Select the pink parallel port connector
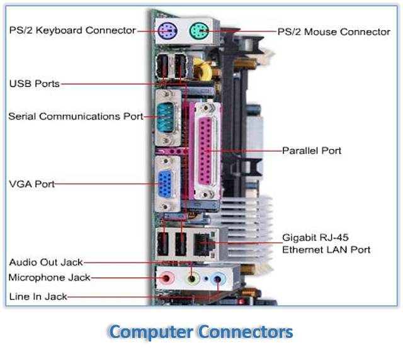[207, 152]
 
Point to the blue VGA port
[167, 184]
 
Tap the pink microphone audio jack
[167, 278]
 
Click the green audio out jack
[193, 278]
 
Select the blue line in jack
[218, 278]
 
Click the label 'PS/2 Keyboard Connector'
[72, 30]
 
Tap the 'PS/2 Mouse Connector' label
[334, 31]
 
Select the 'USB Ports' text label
[34, 83]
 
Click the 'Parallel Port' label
[311, 151]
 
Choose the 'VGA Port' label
[31, 184]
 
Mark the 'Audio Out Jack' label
[45, 262]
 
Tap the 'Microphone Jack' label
[49, 278]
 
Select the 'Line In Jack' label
[38, 296]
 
